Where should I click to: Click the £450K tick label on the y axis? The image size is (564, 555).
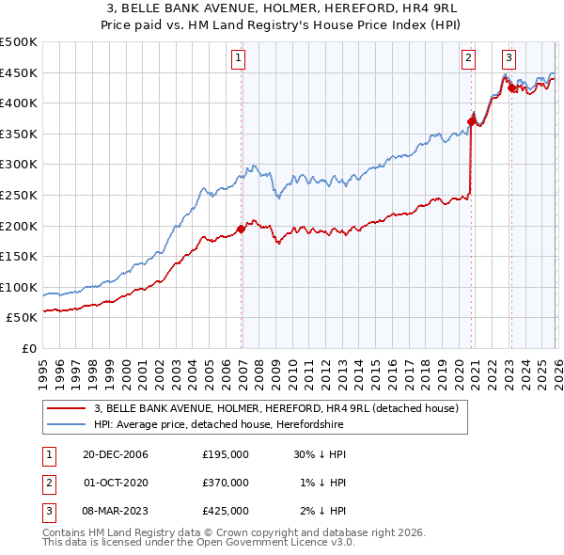click(x=19, y=72)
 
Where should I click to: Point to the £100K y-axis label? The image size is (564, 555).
click(x=19, y=287)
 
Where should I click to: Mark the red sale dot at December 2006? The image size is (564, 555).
click(x=242, y=229)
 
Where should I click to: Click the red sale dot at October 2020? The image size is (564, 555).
click(x=471, y=120)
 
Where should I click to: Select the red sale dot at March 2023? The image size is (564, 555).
click(x=511, y=87)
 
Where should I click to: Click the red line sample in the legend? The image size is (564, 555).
click(x=68, y=408)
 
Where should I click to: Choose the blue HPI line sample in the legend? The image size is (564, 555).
click(x=68, y=424)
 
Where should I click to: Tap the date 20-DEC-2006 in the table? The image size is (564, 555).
click(x=115, y=453)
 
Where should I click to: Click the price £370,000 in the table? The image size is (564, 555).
click(x=226, y=482)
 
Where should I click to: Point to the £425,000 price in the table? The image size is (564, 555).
click(x=226, y=511)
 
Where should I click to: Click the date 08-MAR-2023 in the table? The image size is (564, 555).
click(x=115, y=511)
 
